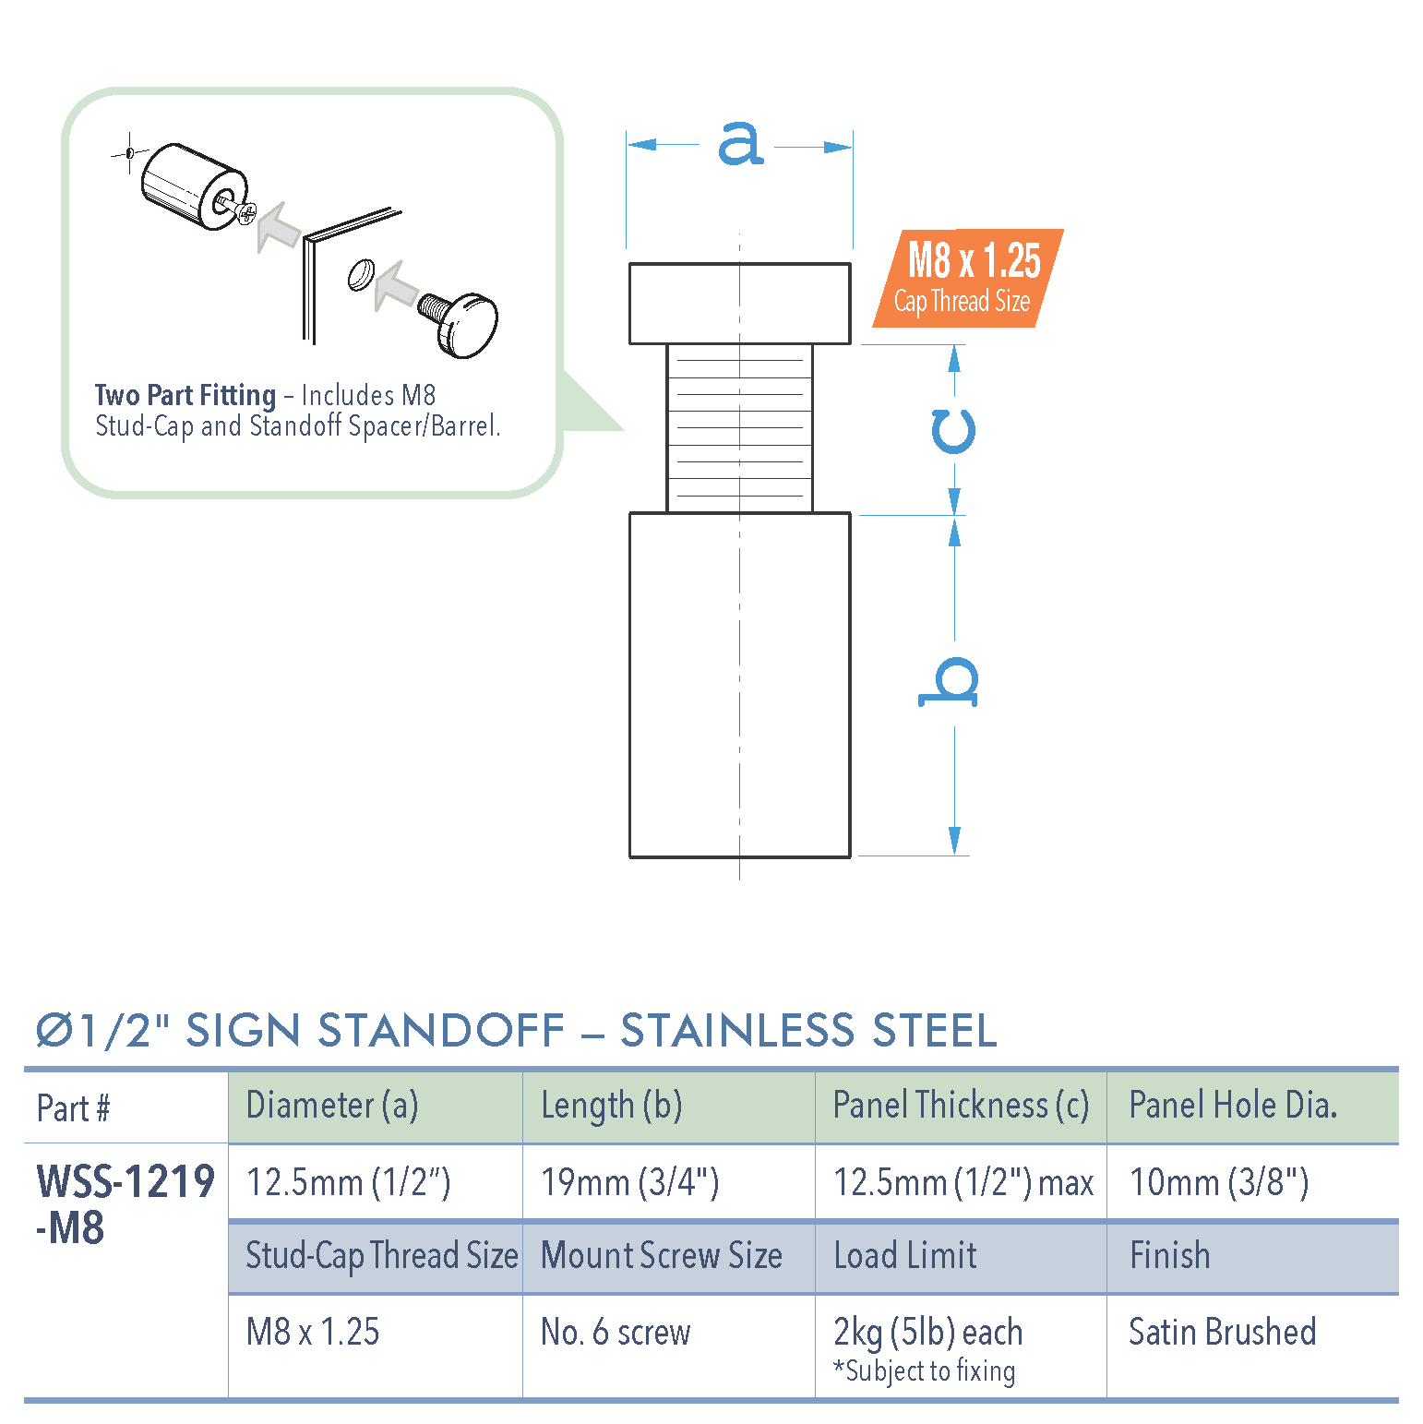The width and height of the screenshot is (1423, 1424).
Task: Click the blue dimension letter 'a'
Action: click(740, 145)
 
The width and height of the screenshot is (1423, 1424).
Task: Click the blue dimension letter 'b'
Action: click(950, 683)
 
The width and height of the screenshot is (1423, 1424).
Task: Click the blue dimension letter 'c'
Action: click(953, 431)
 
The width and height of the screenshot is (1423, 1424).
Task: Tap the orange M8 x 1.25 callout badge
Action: click(968, 278)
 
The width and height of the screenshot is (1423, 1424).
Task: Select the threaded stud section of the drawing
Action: click(739, 428)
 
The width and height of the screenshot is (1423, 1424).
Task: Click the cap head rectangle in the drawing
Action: click(739, 304)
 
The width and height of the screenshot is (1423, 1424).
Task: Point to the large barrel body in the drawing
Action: click(739, 684)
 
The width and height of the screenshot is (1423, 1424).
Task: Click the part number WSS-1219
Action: click(126, 1183)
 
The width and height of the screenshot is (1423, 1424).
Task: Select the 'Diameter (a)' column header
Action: click(332, 1106)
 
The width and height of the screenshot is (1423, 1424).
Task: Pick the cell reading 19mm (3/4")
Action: click(630, 1182)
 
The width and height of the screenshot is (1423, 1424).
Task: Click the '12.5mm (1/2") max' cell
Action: click(963, 1182)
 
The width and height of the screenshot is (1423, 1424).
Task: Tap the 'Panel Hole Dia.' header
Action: click(1233, 1106)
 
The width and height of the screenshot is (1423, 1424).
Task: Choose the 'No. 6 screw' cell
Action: click(616, 1332)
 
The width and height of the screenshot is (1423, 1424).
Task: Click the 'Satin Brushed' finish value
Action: click(1222, 1332)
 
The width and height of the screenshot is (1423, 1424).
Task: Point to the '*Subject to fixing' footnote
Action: click(925, 1371)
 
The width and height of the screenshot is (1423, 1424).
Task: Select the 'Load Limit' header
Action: click(904, 1256)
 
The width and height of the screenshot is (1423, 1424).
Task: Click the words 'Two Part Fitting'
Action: click(185, 396)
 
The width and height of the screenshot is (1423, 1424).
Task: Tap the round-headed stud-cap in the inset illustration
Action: click(467, 326)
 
